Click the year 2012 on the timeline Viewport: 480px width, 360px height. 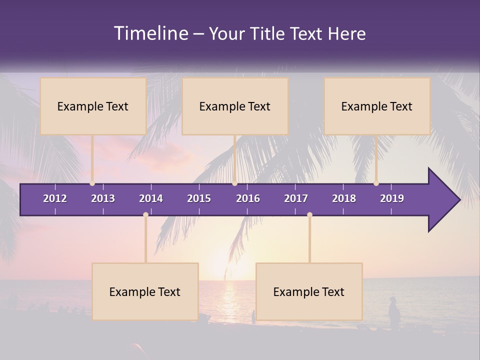55,198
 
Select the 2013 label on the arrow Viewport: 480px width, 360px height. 103,198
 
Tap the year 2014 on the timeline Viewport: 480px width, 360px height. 151,198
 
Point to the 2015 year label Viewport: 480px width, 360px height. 199,198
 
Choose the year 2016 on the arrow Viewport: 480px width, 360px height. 248,198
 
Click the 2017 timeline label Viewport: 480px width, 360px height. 296,198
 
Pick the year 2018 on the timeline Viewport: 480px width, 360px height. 344,198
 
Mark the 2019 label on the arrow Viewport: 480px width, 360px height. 392,198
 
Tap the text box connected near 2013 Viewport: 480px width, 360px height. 93,106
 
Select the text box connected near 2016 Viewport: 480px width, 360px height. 235,106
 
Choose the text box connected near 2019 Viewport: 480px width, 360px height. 377,106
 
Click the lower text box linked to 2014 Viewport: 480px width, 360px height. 145,292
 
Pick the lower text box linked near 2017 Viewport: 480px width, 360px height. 309,292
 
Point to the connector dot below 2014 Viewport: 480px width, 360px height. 145,215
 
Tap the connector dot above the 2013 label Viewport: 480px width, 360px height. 92,183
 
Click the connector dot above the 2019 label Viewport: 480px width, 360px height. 376,183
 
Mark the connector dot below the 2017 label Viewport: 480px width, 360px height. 309,215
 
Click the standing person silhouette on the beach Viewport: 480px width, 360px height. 394,313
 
